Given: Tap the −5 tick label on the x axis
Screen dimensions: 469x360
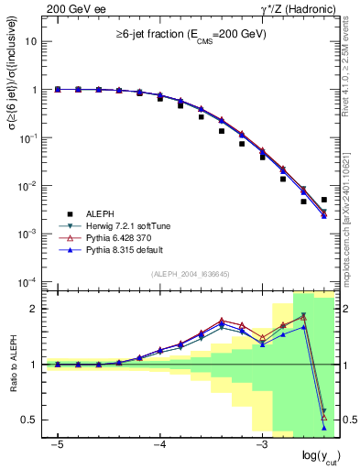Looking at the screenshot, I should tap(57, 444).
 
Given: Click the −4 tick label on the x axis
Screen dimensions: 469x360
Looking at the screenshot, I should tap(159, 444).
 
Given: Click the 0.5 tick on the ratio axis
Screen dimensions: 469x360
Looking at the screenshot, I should tap(30, 420).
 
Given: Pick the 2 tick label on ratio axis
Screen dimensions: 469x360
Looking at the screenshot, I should tap(35, 309).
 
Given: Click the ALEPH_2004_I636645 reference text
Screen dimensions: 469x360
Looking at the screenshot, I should tap(191, 273).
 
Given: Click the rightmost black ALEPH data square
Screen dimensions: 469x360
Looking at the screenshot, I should tap(324, 200).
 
